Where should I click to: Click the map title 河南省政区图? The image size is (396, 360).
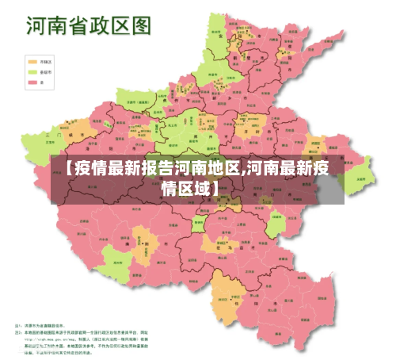pyautogui.click(x=88, y=25)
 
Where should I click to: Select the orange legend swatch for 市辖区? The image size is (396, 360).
pyautogui.click(x=32, y=60)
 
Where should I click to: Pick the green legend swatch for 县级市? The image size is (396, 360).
pyautogui.click(x=32, y=71)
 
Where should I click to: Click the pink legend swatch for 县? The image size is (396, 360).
pyautogui.click(x=32, y=81)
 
